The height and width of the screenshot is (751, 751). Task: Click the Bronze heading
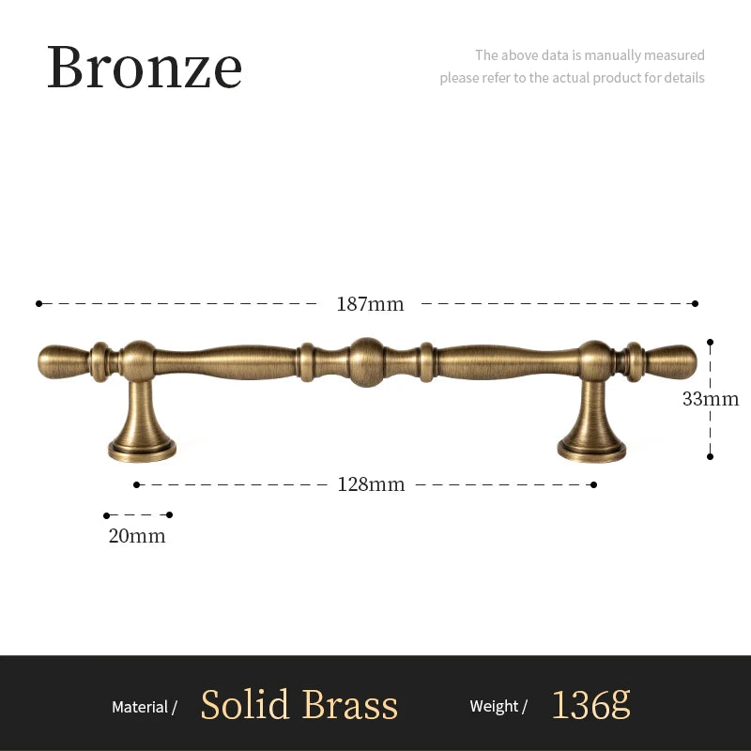(145, 67)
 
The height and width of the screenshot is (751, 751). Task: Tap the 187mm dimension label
(370, 304)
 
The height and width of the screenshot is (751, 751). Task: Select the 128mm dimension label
(371, 484)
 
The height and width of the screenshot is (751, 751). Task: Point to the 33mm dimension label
(711, 399)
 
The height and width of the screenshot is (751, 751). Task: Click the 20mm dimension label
(137, 536)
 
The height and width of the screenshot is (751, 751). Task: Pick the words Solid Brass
(299, 705)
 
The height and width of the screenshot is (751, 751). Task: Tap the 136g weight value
(591, 705)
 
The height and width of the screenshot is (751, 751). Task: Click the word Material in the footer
(140, 707)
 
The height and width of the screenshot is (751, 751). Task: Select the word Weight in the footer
(494, 707)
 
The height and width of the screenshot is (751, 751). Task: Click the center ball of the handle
(366, 362)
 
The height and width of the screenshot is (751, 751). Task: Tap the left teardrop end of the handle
(63, 362)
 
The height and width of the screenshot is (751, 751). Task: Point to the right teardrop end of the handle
(671, 361)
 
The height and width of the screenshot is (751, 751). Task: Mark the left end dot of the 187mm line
(38, 303)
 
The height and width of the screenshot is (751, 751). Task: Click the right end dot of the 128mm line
(593, 485)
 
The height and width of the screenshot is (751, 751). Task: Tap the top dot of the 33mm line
(711, 342)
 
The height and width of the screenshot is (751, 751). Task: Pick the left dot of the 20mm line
(106, 515)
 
